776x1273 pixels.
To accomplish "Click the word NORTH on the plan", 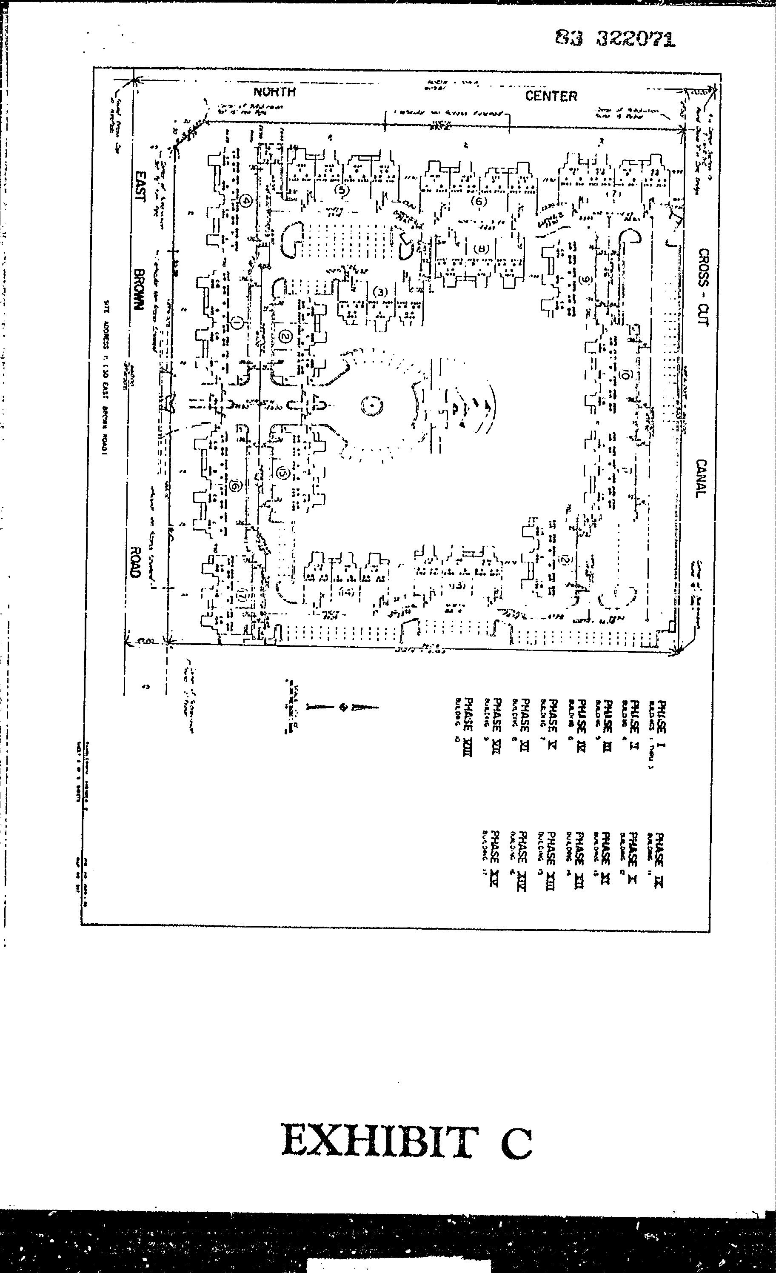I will [274, 92].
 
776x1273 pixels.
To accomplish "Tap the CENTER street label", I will [551, 96].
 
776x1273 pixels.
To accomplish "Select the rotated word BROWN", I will [138, 289].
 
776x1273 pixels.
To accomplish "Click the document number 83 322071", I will [615, 38].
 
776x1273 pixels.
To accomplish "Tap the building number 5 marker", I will [342, 190].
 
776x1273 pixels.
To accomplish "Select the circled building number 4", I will [246, 200].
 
